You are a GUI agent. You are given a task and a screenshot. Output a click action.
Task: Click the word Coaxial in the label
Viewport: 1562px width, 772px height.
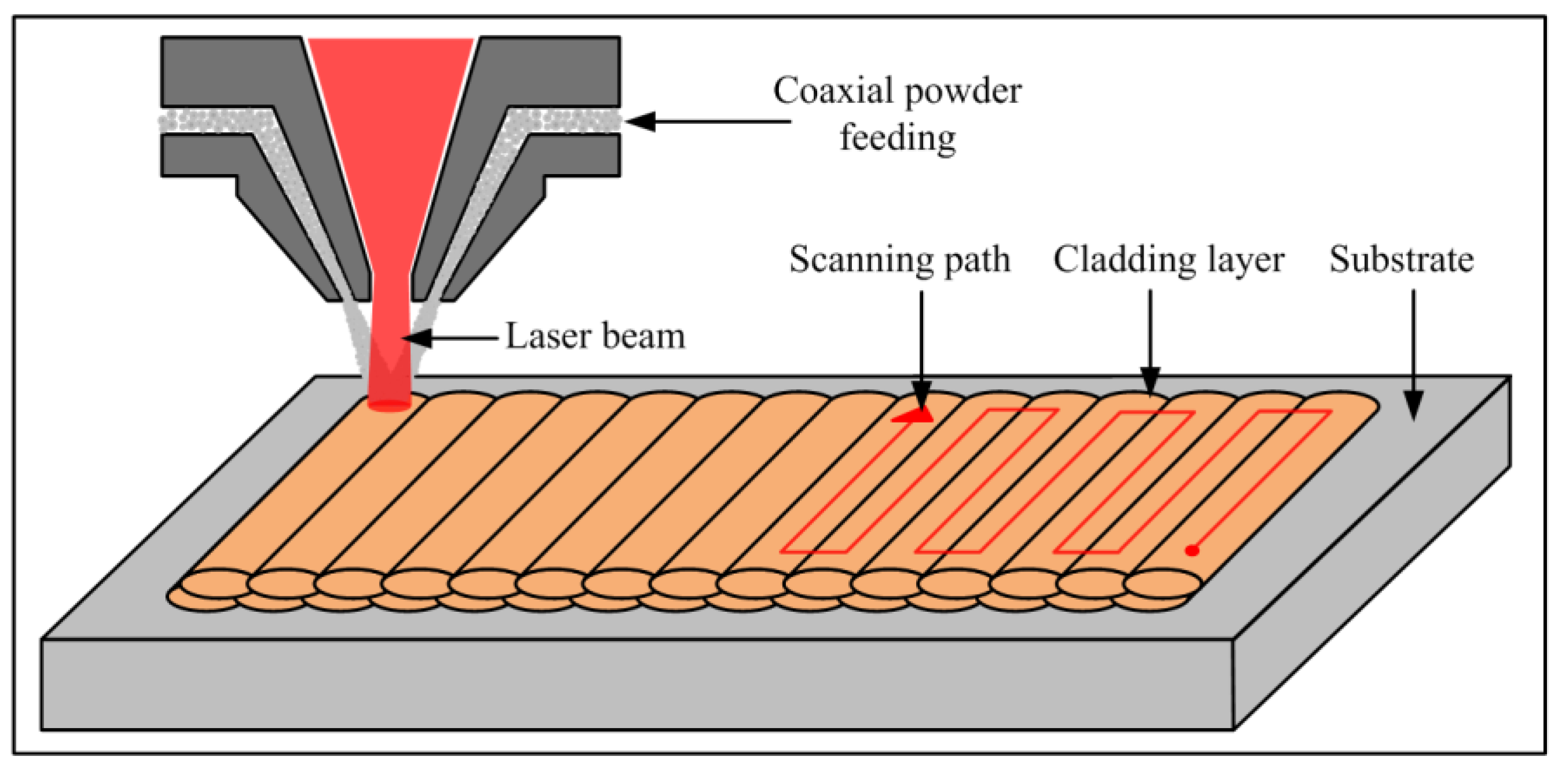(x=833, y=92)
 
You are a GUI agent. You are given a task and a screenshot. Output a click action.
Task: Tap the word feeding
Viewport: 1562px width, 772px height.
(x=898, y=138)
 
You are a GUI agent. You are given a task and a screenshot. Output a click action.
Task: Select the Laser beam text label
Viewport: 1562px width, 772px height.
(x=596, y=337)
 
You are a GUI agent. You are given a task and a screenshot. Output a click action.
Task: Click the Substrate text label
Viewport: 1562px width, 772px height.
(x=1401, y=261)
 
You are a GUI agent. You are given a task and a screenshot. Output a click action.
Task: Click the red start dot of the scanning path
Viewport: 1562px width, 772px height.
(x=1192, y=550)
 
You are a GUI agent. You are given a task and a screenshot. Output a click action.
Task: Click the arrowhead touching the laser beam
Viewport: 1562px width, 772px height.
(x=417, y=338)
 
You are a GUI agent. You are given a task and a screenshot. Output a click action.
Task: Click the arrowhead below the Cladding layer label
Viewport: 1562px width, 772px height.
(x=1151, y=382)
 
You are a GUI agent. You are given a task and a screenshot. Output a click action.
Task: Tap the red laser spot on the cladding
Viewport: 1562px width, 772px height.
(x=389, y=404)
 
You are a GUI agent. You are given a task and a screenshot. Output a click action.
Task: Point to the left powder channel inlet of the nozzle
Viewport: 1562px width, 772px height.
(x=200, y=121)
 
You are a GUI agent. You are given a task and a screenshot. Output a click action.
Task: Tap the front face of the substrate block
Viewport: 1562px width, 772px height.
(x=637, y=685)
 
